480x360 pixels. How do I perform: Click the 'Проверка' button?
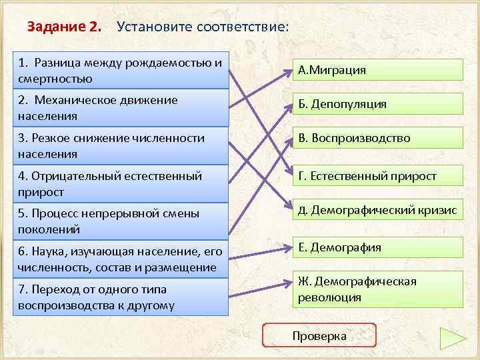coord(319,335)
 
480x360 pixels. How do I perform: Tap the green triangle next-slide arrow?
coord(453,339)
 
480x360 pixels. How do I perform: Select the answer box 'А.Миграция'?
coord(377,70)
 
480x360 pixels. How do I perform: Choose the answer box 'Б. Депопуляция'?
coord(377,104)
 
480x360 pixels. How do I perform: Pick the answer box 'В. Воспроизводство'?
coord(377,139)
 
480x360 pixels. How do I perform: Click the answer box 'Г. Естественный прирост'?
coord(377,176)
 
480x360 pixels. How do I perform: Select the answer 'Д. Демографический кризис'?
coord(377,211)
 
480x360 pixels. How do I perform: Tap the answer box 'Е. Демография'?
coord(377,248)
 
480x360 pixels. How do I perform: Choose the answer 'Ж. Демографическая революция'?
coord(377,289)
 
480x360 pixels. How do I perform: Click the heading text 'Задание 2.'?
coord(65,27)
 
